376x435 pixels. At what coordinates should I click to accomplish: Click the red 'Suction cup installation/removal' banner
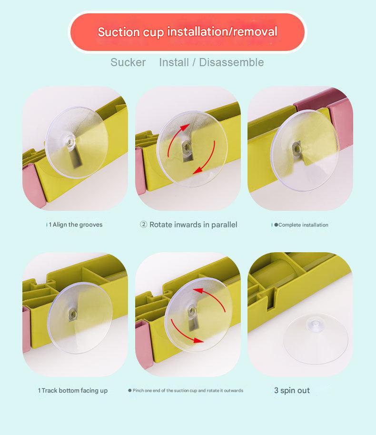pos(188,32)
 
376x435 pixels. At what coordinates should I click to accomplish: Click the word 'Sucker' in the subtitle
pos(128,62)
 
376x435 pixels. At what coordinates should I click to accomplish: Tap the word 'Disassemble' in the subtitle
pos(231,62)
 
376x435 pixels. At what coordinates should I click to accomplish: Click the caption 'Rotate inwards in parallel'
pos(193,225)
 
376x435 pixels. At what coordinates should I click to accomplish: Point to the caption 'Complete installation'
pos(303,225)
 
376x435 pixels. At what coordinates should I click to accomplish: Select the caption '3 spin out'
pos(292,391)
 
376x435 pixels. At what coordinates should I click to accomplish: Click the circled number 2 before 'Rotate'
pos(143,225)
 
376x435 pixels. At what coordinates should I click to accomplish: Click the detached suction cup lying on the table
pos(316,338)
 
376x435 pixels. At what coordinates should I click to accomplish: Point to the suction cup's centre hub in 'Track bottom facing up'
pos(73,314)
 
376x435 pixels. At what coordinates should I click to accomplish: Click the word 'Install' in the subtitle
pos(174,62)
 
